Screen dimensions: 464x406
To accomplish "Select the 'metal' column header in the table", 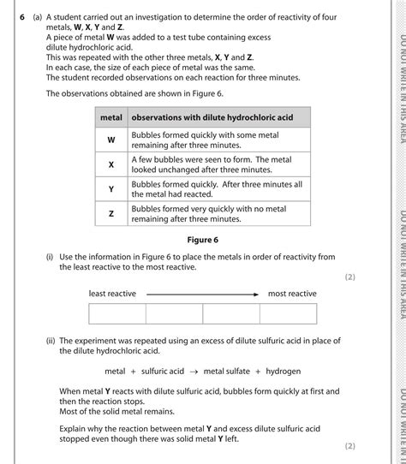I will (111, 116).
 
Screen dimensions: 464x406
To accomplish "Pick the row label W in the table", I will (111, 140).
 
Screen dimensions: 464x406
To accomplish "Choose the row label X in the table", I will (111, 165).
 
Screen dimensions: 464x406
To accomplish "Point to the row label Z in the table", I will (111, 213).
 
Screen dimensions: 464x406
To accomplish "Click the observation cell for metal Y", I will (218, 189).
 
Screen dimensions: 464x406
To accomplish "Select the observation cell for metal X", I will (218, 165).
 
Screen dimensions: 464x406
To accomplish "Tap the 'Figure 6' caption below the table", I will (204, 240).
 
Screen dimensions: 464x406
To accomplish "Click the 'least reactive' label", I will (112, 294).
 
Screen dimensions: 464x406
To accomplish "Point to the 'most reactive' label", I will (292, 294).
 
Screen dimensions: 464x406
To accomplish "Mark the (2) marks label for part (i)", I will (349, 277).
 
